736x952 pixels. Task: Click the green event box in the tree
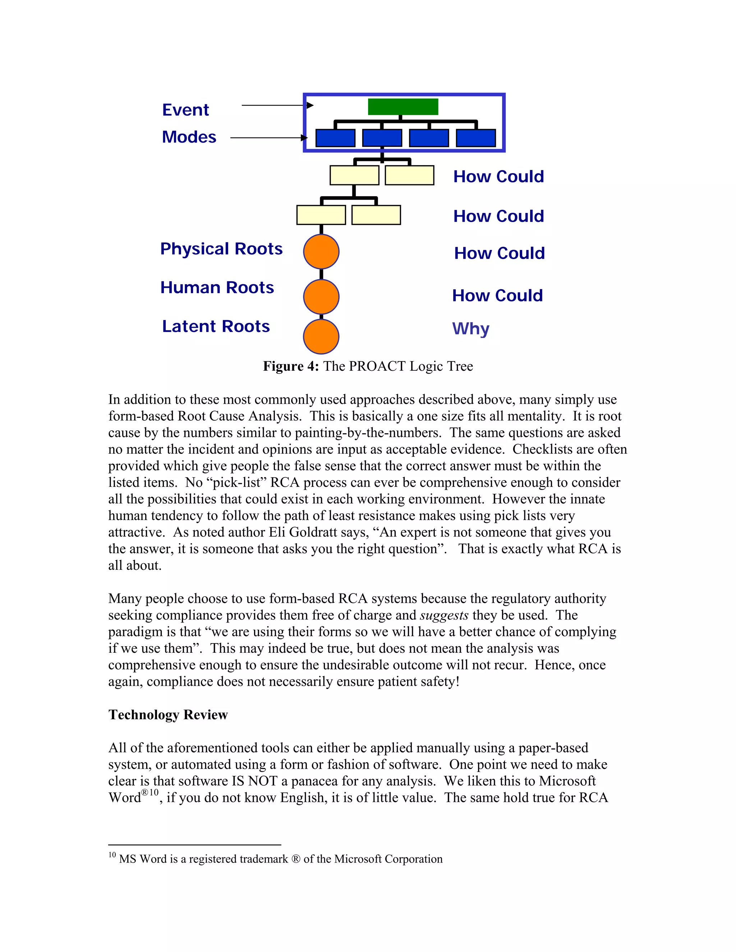403,107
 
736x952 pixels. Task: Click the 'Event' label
185,110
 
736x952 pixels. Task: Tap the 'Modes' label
189,137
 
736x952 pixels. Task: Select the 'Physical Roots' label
221,249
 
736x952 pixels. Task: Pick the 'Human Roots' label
217,287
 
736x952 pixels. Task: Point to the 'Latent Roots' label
216,326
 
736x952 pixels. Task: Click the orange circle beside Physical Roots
321,251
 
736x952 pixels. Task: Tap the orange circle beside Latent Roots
321,337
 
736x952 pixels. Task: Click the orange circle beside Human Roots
321,297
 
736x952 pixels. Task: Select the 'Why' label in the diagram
470,328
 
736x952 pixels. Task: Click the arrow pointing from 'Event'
277,106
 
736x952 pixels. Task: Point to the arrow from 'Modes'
268,138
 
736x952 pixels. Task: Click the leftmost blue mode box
335,138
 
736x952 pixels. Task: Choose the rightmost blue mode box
476,138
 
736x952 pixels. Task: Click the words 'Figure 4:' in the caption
291,366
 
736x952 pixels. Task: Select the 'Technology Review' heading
168,715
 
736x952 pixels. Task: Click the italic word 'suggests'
444,615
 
